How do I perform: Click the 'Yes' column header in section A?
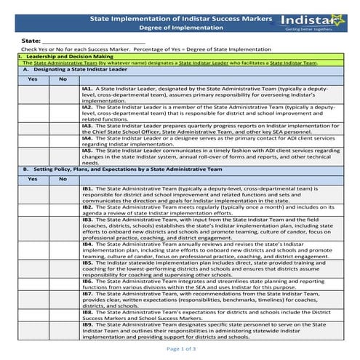click(33, 78)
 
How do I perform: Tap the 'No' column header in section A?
click(63, 78)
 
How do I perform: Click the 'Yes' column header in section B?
click(33, 178)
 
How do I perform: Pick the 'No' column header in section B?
click(63, 178)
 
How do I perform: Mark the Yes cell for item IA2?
click(33, 111)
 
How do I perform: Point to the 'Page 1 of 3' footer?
click(180, 349)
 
